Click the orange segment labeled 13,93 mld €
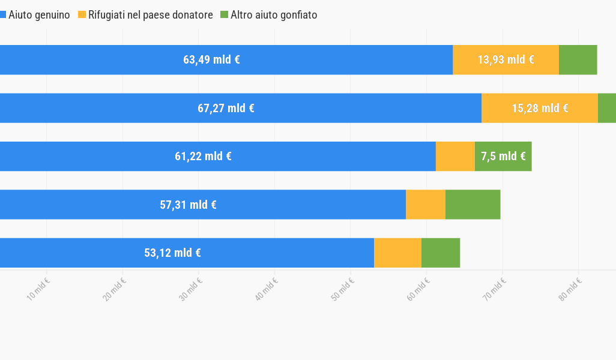point(506,60)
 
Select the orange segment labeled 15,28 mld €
point(539,108)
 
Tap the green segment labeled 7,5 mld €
point(503,157)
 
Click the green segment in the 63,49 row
point(578,60)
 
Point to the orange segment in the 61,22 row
point(455,157)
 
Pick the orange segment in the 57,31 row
point(426,205)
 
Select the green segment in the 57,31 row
point(473,205)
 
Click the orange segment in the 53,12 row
point(397,253)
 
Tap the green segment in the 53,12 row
point(441,253)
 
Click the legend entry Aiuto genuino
point(38,15)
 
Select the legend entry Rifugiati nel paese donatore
point(150,15)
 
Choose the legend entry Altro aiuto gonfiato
point(273,15)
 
